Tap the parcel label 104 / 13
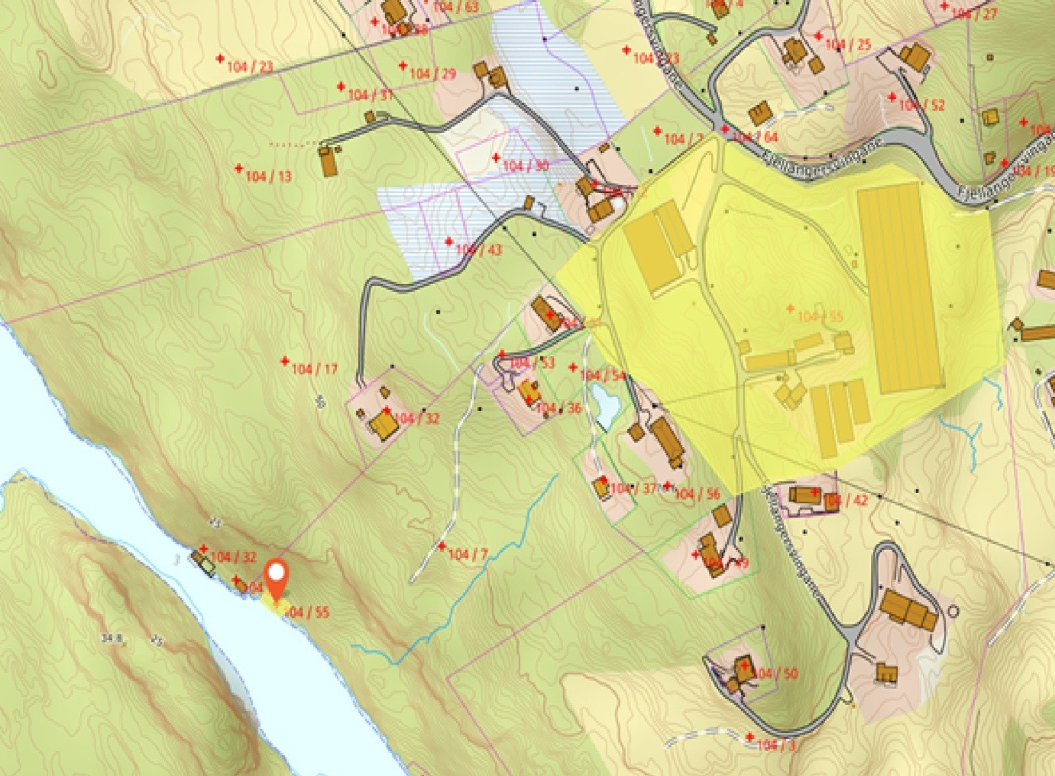(268, 177)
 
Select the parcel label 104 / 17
(314, 369)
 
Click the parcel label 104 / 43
(478, 250)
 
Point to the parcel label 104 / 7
(467, 554)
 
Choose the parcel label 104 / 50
(775, 673)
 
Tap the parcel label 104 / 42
(846, 500)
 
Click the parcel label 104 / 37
(634, 489)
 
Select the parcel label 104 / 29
(433, 74)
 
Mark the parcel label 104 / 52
(922, 105)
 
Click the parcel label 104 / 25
(848, 45)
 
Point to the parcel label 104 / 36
(558, 409)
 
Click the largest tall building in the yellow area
(899, 288)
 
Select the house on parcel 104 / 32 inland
(383, 425)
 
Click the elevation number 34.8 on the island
(112, 638)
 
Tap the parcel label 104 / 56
(697, 494)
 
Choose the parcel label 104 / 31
(370, 95)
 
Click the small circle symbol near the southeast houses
(952, 611)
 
